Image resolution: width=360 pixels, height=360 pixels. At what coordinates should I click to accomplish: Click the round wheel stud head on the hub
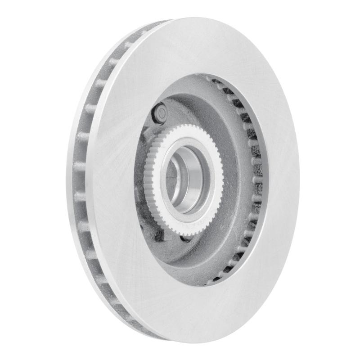[161, 111]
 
